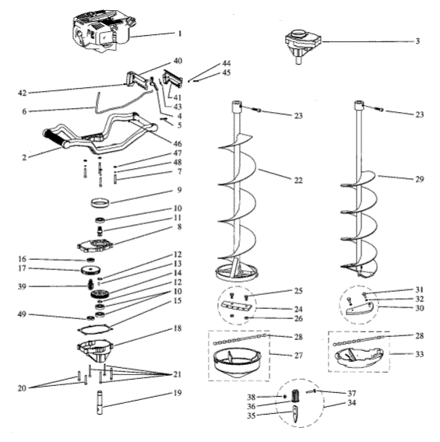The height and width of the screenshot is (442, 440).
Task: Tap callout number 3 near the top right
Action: click(417, 40)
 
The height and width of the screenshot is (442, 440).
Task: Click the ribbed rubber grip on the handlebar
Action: click(57, 139)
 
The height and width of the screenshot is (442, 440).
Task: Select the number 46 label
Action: click(179, 144)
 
